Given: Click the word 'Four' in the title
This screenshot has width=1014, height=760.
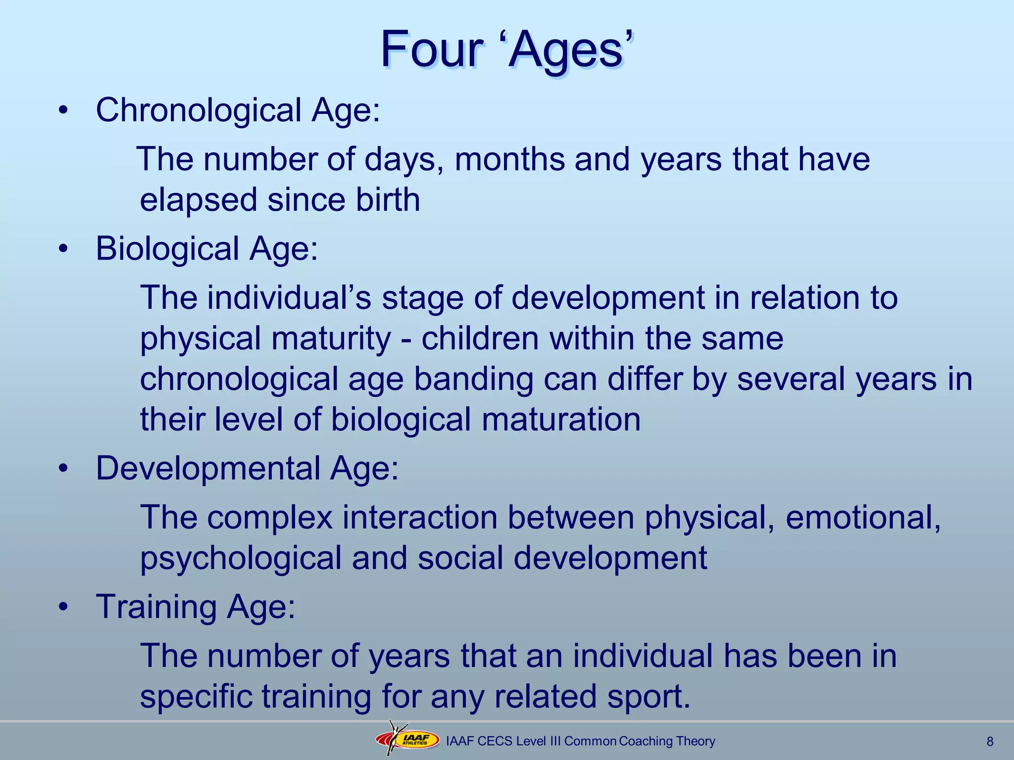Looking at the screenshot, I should pos(431,49).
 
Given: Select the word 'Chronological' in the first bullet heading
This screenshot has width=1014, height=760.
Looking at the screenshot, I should pos(198,110).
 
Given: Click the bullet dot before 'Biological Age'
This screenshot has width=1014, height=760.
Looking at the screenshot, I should pos(62,249).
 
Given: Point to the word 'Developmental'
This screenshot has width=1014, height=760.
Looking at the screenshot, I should pos(208,469).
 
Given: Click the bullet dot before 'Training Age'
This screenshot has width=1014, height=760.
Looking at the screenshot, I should pos(62,607).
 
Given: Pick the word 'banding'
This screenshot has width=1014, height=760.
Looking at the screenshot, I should pos(473,380).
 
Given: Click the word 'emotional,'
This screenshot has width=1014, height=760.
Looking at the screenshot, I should pos(863,518).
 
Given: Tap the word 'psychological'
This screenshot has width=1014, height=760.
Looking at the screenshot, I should pos(240,559).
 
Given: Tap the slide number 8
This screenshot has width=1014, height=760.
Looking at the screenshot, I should pos(990,742).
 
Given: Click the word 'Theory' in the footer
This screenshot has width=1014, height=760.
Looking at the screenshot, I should pos(695,741).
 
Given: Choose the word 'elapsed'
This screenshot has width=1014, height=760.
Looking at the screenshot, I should pos(198,200).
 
